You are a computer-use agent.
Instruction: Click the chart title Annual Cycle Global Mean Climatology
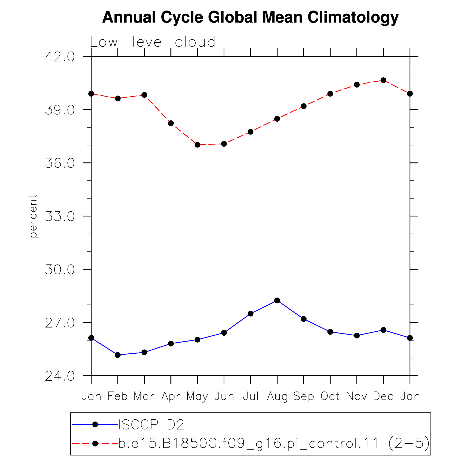coord(250,17)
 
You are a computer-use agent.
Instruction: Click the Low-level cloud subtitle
coord(153,42)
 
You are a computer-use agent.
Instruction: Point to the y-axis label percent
coord(33,216)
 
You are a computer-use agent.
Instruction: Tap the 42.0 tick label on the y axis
coord(60,57)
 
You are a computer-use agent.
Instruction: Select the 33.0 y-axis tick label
coord(60,216)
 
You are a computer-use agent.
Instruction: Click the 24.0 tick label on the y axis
coord(60,376)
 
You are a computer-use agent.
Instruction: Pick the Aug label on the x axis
coord(277,397)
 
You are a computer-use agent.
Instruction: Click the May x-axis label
coord(197,397)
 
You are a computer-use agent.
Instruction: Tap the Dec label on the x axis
coord(383,396)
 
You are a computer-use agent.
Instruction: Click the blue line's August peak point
coord(277,300)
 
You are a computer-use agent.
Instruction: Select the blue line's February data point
coord(118,355)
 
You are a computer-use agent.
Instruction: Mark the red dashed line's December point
coord(383,80)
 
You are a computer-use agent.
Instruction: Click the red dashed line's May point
coord(197,145)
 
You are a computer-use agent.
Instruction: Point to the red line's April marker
coord(171,123)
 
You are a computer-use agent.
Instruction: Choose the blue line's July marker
coord(250,314)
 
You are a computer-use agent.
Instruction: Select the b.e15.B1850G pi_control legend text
coord(274,443)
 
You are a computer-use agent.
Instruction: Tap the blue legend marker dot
coord(95,425)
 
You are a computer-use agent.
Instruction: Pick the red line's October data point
coord(330,94)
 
